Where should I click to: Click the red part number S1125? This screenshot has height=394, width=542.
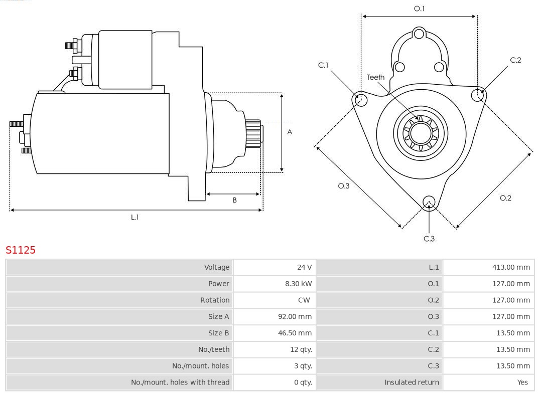point(21,250)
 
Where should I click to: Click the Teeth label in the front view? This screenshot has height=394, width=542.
point(375,77)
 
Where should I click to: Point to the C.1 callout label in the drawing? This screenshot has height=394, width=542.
point(323,65)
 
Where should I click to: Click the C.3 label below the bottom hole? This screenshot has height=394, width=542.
point(429,239)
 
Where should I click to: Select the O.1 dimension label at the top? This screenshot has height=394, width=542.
point(419,9)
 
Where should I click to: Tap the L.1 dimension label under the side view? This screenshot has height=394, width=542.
point(134,217)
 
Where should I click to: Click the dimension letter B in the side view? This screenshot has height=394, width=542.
point(234,200)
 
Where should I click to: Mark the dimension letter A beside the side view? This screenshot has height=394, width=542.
point(290,132)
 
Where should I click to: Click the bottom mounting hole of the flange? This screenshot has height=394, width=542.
point(429,202)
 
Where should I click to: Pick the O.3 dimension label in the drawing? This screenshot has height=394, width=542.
point(343,186)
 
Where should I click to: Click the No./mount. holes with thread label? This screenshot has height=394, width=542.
point(180,382)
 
